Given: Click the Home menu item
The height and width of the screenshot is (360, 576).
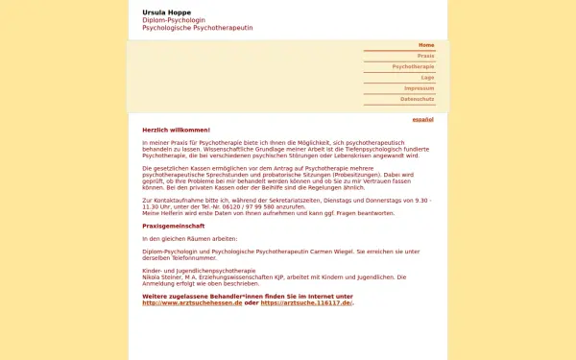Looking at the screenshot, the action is coord(426,45).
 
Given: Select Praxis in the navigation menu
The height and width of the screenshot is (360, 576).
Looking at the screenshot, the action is coord(425,56).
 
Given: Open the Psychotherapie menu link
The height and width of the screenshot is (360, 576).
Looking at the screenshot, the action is coord(413,67).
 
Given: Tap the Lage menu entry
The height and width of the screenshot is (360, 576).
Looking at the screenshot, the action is coord(427,78).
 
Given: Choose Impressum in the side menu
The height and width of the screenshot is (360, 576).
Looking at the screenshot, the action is coord(419,88).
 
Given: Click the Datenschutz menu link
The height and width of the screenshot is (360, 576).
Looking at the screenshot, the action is coord(417,99).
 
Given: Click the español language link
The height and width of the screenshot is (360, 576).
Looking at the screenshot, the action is coord(422,119).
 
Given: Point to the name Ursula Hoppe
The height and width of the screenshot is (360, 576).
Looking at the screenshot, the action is coord(165,12).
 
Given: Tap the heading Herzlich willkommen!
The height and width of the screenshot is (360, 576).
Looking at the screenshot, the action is coord(176,130).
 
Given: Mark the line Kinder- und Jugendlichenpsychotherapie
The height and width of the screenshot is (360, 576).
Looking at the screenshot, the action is coord(198,271).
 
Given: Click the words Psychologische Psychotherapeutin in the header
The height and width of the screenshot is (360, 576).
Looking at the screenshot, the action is coord(197,29).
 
